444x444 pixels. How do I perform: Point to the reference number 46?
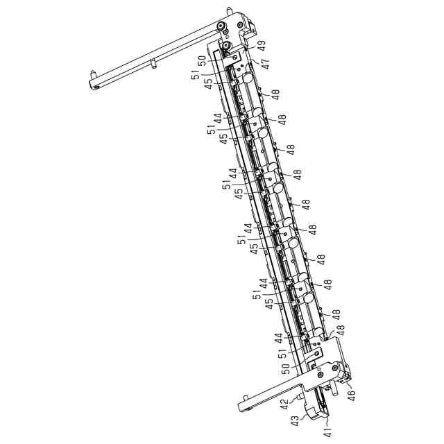tap(352, 394)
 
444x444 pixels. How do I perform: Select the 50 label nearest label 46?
tap(286, 369)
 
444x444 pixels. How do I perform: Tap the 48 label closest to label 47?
tap(275, 94)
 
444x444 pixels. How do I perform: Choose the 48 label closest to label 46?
tap(340, 330)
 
